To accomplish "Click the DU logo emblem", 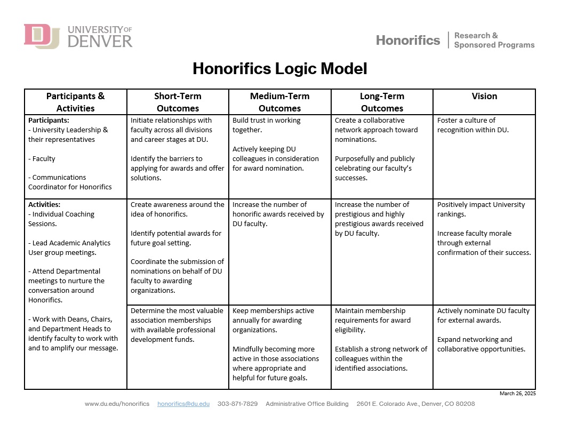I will pyautogui.click(x=42, y=36).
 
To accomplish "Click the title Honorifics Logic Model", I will pyautogui.click(x=280, y=69).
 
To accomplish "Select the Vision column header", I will pyautogui.click(x=484, y=97).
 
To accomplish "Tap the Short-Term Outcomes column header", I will pyautogui.click(x=178, y=102).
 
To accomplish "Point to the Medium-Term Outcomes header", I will pyautogui.click(x=279, y=102).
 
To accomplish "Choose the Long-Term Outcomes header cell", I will pyautogui.click(x=382, y=102).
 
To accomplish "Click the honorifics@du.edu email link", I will pyautogui.click(x=183, y=404).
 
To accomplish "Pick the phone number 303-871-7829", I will pyautogui.click(x=237, y=404).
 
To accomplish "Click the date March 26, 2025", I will pyautogui.click(x=517, y=394).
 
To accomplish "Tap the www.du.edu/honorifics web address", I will pyautogui.click(x=117, y=404).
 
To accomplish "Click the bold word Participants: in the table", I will pyautogui.click(x=49, y=121).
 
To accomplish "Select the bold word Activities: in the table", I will pyautogui.click(x=44, y=204).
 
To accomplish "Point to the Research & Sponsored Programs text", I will pyautogui.click(x=494, y=40).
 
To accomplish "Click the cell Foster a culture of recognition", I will pyautogui.click(x=473, y=125).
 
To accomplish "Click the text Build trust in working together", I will pyautogui.click(x=266, y=125).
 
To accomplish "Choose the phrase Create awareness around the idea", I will pyautogui.click(x=177, y=209).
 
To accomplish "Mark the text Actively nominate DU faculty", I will pyautogui.click(x=483, y=315).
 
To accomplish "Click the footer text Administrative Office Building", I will pyautogui.click(x=307, y=404).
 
